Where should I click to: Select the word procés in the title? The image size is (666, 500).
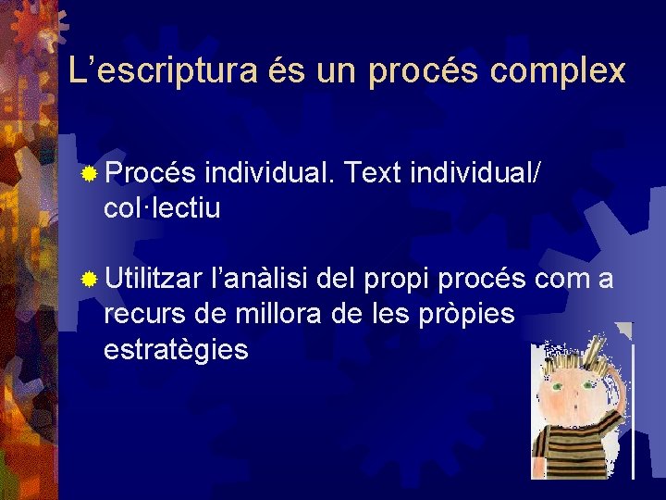point(417,71)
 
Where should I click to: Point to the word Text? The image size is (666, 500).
point(386,172)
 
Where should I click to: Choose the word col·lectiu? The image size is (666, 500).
point(162,208)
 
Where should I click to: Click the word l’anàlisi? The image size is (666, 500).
point(262,277)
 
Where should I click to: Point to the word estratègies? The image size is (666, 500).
point(176,350)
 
